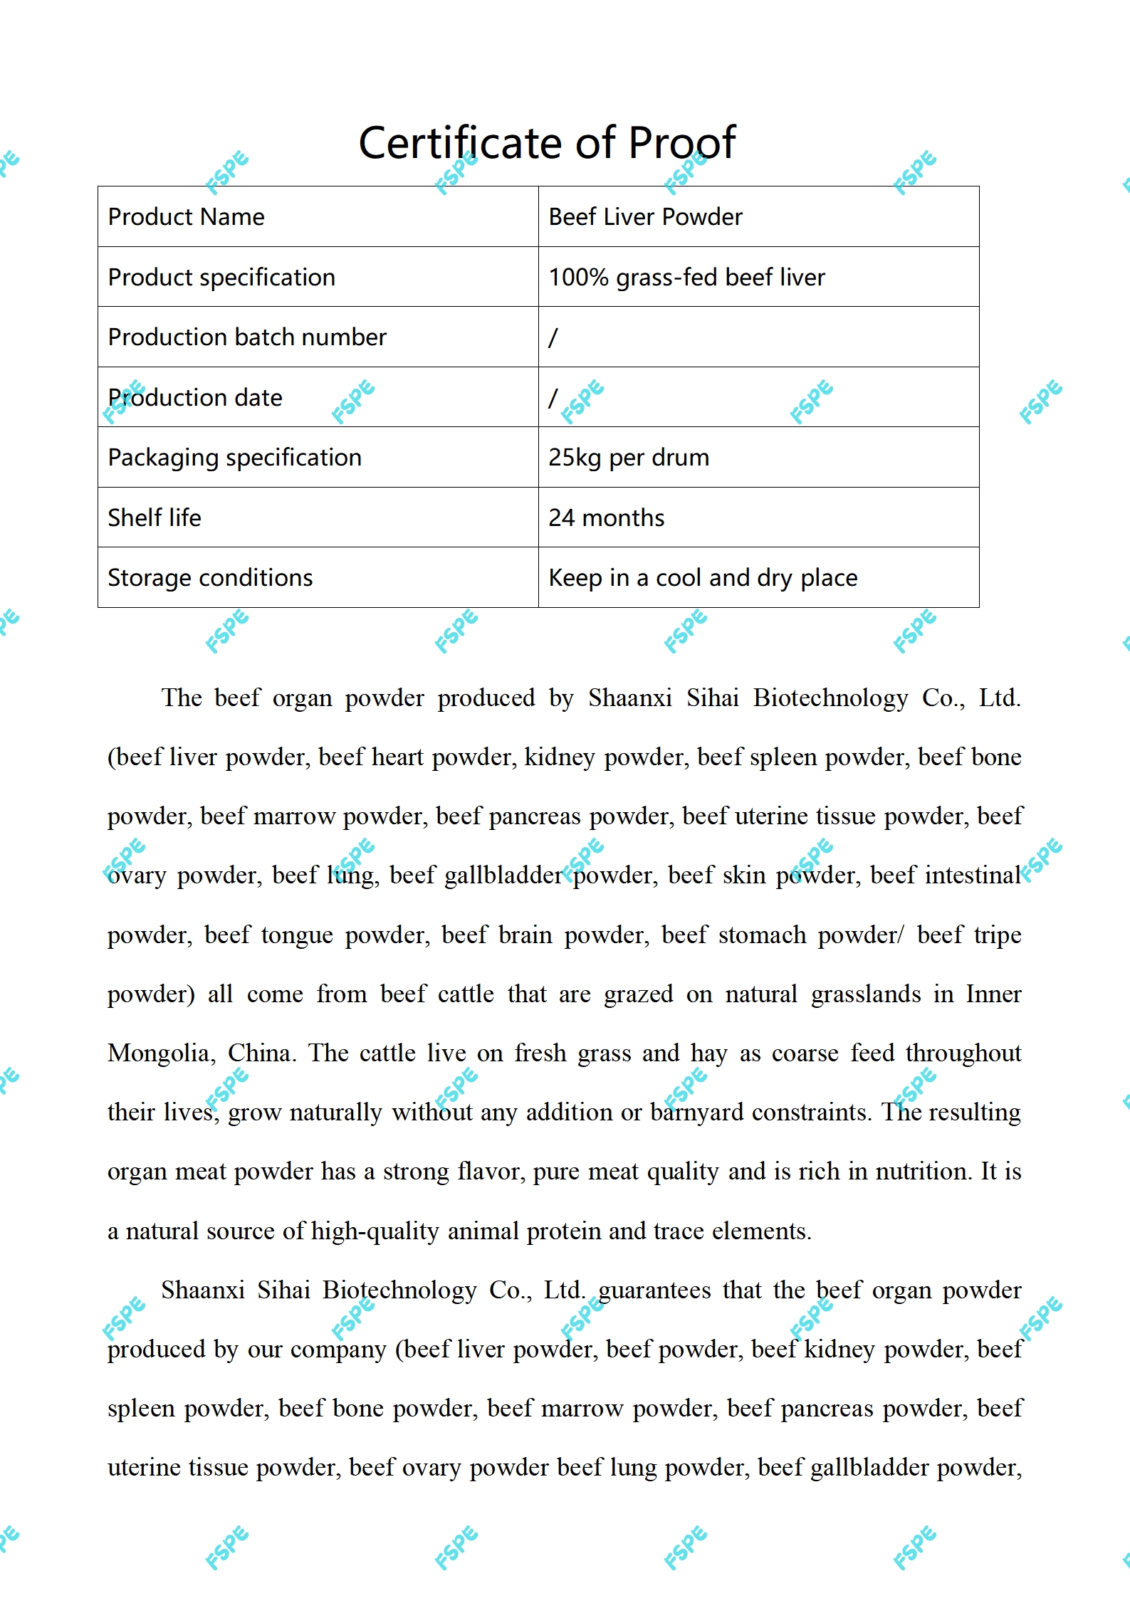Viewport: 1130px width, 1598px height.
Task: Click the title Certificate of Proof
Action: (x=546, y=142)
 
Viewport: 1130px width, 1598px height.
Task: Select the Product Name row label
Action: (x=186, y=217)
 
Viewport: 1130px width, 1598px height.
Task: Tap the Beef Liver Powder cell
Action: (x=645, y=217)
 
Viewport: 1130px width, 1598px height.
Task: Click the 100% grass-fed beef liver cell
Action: (x=686, y=277)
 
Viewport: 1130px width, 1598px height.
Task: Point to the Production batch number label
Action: (x=247, y=337)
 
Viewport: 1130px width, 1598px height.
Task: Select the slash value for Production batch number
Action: (x=553, y=337)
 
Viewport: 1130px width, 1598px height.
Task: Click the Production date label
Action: (x=195, y=397)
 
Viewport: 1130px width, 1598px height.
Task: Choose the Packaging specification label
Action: (x=234, y=458)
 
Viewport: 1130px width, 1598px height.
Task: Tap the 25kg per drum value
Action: (x=629, y=458)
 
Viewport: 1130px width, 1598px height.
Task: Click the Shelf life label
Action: (x=155, y=517)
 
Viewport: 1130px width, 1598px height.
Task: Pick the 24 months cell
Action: (x=606, y=517)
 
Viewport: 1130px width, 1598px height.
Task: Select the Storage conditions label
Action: (x=210, y=578)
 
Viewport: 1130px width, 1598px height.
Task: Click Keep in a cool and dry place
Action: (x=703, y=578)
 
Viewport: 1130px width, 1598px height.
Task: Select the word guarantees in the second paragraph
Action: (x=654, y=1290)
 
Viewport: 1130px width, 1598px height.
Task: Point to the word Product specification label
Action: (x=221, y=277)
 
